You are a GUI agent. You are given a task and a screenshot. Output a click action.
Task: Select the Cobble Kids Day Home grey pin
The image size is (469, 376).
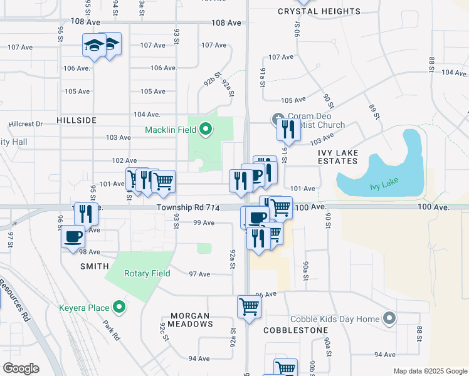coord(389,319)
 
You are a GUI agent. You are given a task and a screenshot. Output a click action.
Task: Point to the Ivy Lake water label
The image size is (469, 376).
coord(384,186)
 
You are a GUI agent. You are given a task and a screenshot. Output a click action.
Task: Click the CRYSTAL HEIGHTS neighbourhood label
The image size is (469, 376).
coord(319,11)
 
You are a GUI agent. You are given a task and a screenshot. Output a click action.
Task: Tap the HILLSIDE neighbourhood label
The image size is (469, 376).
coord(76,120)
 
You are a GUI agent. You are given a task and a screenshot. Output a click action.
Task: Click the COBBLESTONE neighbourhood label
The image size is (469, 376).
coord(295,330)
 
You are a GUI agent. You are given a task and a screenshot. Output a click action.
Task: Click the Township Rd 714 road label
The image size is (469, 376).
coord(187,207)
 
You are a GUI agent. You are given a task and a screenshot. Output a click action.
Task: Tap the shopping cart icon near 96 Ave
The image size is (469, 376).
coord(249,307)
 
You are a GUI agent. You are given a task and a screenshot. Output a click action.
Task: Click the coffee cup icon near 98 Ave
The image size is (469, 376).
coord(72,237)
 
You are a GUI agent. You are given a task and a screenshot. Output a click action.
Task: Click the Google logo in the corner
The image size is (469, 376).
coord(21,368)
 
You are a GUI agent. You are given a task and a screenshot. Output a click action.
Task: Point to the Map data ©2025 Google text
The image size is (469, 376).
coord(429,371)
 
